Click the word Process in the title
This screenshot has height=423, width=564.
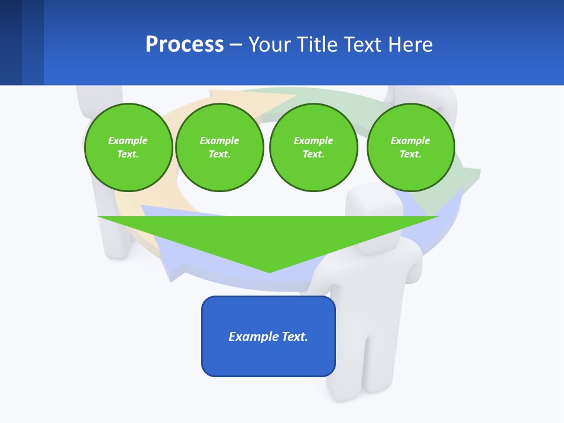pos(184,45)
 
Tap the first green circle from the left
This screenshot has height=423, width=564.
pos(128,147)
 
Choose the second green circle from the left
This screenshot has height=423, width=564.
pos(219,147)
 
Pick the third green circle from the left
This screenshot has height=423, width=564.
pos(313,147)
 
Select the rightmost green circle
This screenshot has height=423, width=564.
pos(410,147)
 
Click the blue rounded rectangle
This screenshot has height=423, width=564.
pos(268,336)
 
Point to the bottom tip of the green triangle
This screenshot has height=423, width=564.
pos(269,271)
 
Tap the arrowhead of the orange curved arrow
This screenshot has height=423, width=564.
pos(276,97)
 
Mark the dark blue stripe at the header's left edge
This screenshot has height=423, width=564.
pos(11,42)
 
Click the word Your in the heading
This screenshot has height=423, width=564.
pos(269,45)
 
